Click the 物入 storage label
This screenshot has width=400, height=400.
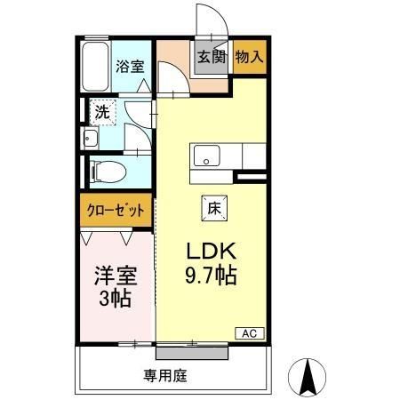pos(250,58)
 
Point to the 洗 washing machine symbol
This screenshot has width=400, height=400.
pos(103,112)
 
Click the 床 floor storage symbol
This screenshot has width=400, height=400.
pos(214,207)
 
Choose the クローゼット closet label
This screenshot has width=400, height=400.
pos(116,212)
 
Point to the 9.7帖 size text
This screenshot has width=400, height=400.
pos(211,276)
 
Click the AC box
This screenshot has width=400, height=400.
pos(249,333)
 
